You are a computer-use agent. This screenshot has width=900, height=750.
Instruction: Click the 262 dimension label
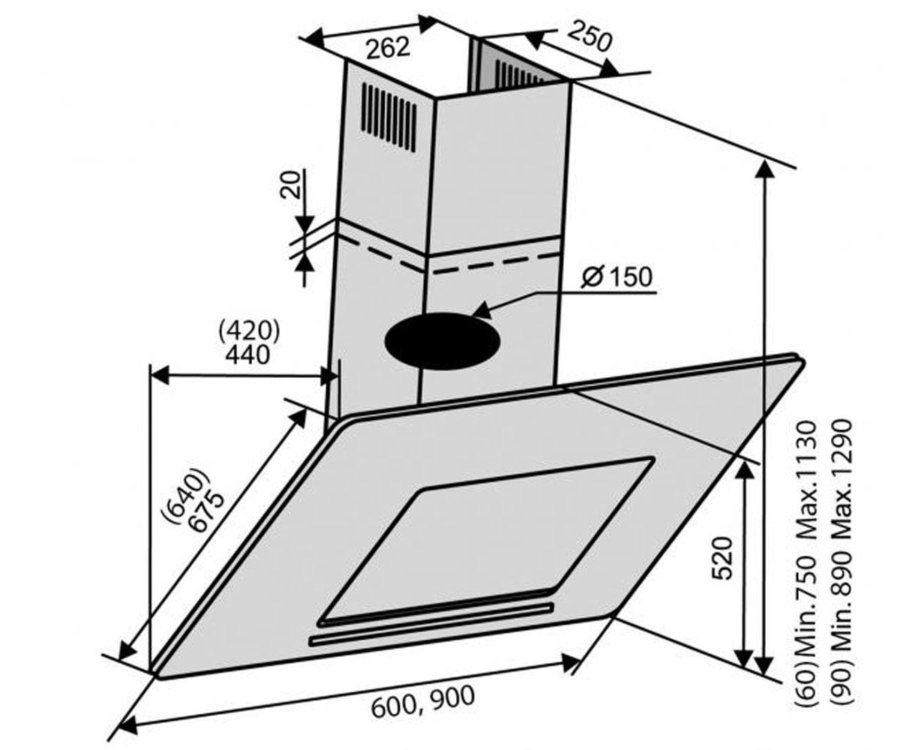pyautogui.click(x=388, y=48)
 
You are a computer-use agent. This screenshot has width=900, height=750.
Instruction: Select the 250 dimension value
pyautogui.click(x=589, y=36)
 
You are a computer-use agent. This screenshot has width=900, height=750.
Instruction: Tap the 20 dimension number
pyautogui.click(x=289, y=184)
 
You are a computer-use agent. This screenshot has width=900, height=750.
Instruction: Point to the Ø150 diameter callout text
pyautogui.click(x=616, y=277)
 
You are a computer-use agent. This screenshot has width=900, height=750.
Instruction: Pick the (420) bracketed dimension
pyautogui.click(x=250, y=331)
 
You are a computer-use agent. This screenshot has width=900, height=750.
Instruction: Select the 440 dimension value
pyautogui.click(x=247, y=355)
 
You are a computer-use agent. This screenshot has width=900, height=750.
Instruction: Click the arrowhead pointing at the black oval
pyautogui.click(x=483, y=310)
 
